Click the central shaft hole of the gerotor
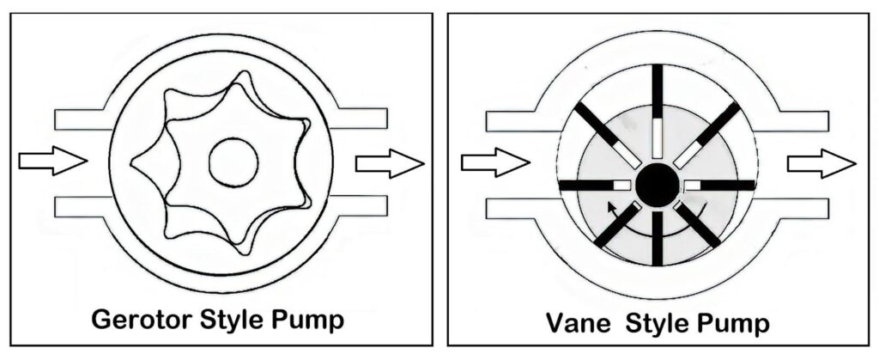pos(233,162)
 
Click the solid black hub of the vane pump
pos(658,184)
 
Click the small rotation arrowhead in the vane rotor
pos(610,206)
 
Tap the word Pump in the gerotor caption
pos(305,320)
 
